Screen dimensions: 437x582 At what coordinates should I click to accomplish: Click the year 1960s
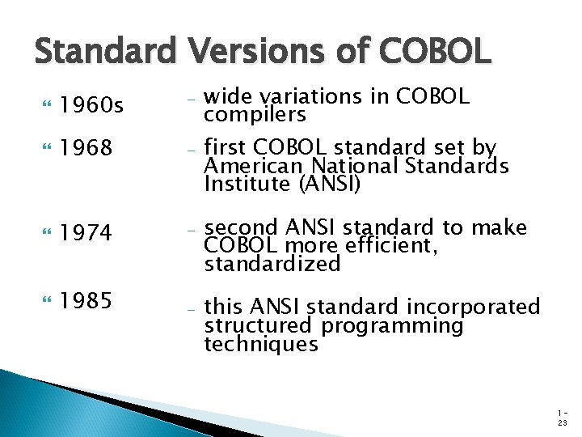tap(91, 107)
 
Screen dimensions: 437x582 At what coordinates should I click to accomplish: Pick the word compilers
tap(255, 115)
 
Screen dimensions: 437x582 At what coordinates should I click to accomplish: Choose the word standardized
tap(272, 264)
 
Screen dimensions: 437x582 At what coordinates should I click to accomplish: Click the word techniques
tap(261, 344)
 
